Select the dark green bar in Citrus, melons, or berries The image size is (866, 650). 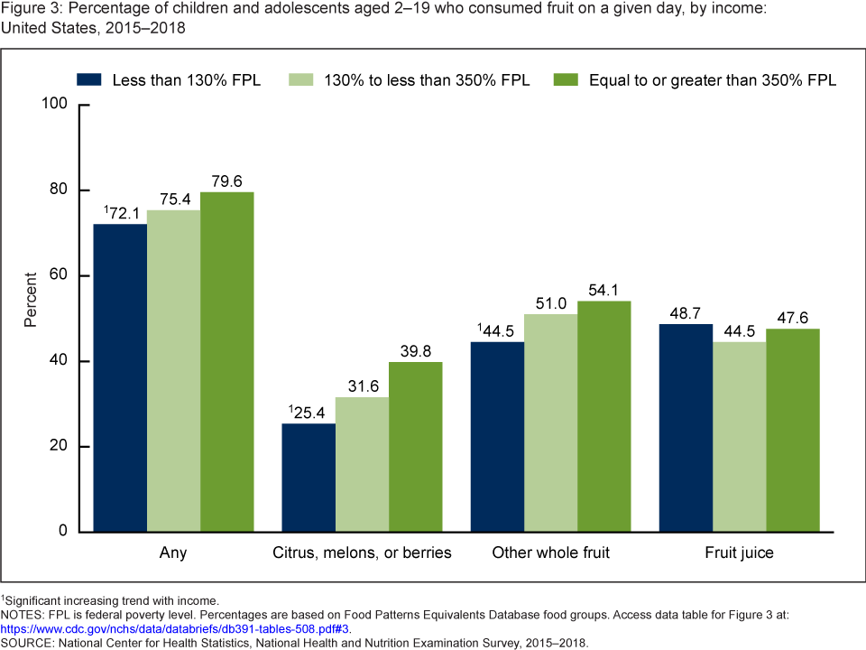click(415, 446)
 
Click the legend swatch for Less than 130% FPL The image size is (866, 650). click(92, 79)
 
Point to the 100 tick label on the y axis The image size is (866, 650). click(56, 105)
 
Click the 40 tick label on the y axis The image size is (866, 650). click(60, 361)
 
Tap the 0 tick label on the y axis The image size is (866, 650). click(64, 532)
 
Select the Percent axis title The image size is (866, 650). click(31, 298)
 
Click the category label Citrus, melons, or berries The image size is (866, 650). click(361, 552)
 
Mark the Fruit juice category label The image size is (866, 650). click(739, 552)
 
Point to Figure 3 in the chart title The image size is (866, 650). click(31, 9)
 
